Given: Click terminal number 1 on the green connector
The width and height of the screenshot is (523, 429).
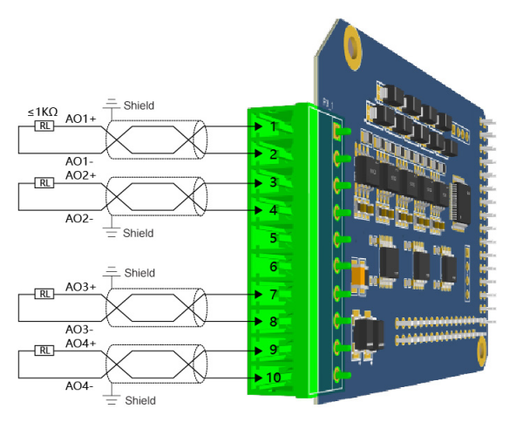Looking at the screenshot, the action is tap(273, 126).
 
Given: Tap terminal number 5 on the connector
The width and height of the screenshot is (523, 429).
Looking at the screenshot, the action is tap(273, 238).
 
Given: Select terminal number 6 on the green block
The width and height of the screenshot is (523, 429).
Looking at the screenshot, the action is tap(273, 266).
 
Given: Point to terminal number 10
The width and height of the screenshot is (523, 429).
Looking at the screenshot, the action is tap(274, 378).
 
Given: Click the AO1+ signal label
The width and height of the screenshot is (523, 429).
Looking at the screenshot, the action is tap(80, 119).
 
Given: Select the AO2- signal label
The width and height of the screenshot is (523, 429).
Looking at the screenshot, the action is tap(79, 219).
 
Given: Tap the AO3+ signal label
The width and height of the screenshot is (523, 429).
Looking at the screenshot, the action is tap(80, 287).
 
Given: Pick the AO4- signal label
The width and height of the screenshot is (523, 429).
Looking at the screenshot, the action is tap(79, 386).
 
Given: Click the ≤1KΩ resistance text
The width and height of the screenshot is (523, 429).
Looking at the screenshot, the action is tap(43, 112).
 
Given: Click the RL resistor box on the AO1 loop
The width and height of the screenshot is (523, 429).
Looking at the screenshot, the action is tap(44, 126).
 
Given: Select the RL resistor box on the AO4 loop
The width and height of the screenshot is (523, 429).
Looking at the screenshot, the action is tap(44, 351).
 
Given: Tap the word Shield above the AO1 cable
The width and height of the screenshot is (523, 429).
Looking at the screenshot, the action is tap(139, 106).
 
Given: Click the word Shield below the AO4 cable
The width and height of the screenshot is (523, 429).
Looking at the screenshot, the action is tap(140, 400).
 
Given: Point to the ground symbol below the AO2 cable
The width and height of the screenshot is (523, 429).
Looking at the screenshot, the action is tap(112, 232).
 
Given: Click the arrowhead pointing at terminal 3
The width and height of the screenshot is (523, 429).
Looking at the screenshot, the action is tap(258, 183).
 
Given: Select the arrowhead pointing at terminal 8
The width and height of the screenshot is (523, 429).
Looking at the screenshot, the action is tap(258, 321).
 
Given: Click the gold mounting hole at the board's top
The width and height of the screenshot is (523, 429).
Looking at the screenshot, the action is tap(353, 47).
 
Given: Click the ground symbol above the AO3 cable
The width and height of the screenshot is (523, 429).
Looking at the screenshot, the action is tap(112, 271).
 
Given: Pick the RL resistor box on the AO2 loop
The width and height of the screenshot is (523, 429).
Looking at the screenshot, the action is tap(44, 183).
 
